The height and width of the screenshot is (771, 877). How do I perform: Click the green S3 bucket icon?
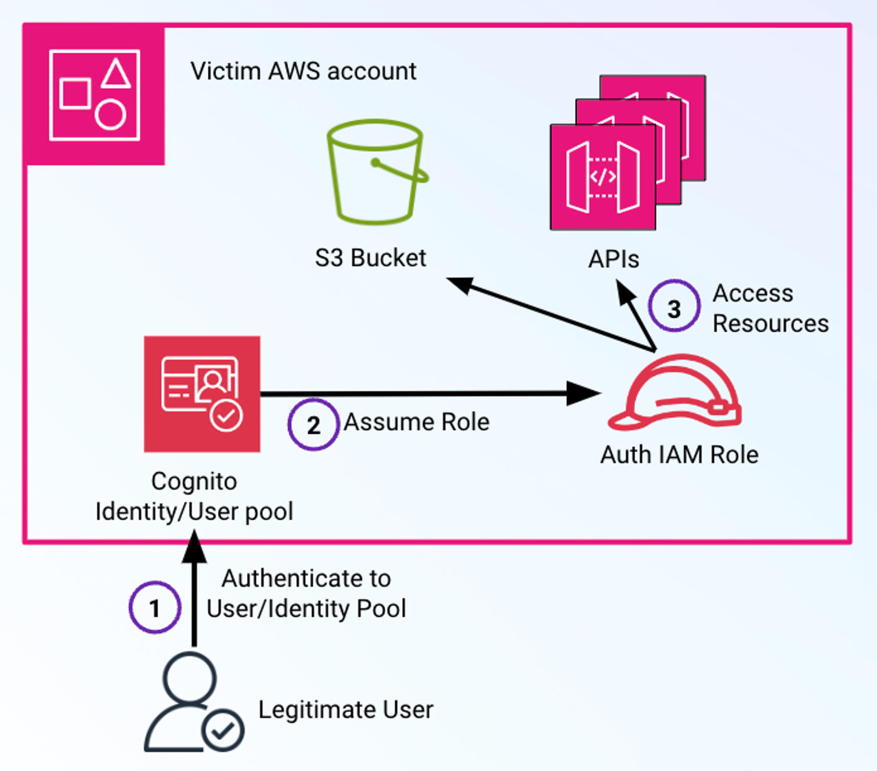point(376,172)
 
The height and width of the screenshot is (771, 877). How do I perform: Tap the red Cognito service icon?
point(202,394)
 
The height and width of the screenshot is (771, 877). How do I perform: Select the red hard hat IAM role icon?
point(675,394)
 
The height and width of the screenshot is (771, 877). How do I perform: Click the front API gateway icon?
point(603,177)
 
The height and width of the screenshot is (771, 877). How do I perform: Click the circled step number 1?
point(155,607)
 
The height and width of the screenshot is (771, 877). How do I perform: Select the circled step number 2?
point(313,425)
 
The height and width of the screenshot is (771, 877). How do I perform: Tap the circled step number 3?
point(674,307)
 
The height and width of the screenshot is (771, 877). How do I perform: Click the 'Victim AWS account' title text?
point(303,71)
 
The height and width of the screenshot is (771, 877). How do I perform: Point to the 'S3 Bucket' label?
point(370,258)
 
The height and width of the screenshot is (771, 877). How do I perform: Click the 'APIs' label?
point(613,259)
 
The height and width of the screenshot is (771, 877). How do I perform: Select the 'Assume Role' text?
point(417,422)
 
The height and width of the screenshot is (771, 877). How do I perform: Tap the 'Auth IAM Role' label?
point(679,454)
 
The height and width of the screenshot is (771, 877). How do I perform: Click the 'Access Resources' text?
point(770,308)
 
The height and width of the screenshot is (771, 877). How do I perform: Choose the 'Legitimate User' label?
point(346,710)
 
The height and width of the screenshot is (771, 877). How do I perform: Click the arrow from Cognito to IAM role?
point(426,394)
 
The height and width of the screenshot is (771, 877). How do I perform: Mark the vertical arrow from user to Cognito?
point(194,589)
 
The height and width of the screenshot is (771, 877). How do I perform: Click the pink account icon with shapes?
point(94,95)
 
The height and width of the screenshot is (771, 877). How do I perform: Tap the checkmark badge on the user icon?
point(223,730)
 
